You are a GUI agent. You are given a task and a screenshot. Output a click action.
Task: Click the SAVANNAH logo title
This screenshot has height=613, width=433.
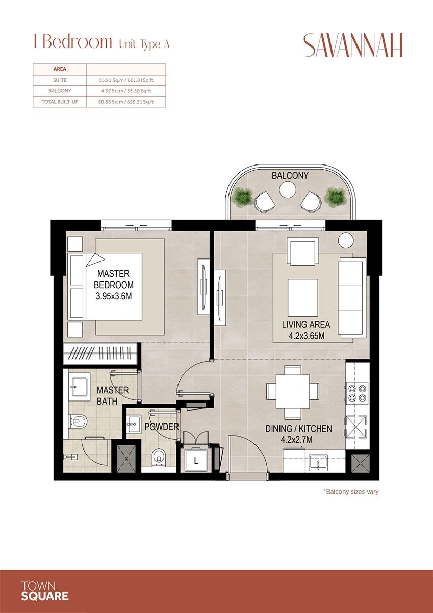pyautogui.click(x=353, y=45)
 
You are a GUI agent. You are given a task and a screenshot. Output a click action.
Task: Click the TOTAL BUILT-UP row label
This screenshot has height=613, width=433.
pyautogui.click(x=60, y=102)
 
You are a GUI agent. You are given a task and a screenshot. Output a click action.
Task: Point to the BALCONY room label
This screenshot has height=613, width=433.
pyautogui.click(x=290, y=175)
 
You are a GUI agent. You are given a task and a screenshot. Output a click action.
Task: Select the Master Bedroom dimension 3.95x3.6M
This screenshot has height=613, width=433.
pyautogui.click(x=115, y=296)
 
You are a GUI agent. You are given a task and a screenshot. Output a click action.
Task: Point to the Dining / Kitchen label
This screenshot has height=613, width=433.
pyautogui.click(x=299, y=429)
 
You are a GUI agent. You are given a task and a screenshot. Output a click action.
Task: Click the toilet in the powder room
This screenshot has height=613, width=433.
pyautogui.click(x=159, y=456)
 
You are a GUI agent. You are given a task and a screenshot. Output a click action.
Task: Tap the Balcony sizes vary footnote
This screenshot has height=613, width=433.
pyautogui.click(x=351, y=492)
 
